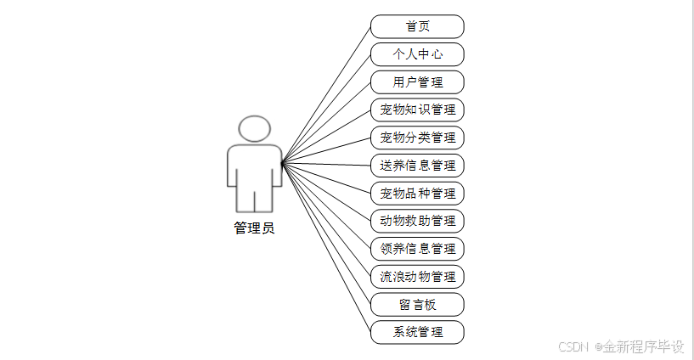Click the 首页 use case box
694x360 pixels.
[417, 26]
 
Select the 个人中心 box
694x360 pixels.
[417, 54]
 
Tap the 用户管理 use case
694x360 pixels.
[417, 82]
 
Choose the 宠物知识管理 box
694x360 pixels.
[417, 110]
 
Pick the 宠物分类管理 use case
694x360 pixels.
[417, 138]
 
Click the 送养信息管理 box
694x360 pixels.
[417, 166]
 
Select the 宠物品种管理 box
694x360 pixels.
[417, 193]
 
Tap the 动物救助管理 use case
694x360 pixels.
[417, 221]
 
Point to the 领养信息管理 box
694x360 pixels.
[417, 249]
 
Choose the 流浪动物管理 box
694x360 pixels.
[417, 276]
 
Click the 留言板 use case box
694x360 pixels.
[417, 304]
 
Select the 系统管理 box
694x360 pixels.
[417, 332]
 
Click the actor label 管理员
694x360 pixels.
[254, 228]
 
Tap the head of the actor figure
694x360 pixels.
[255, 128]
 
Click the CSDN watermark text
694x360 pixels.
[574, 346]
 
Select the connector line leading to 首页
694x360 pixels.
[327, 93]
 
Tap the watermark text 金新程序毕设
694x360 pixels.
[643, 346]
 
